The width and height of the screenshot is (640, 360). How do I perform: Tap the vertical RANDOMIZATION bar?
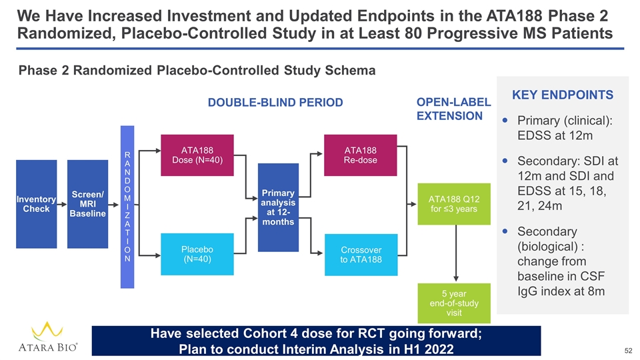pos(127,207)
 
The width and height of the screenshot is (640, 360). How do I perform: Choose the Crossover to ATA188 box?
pos(360,254)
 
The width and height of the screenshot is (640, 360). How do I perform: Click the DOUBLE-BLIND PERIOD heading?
pos(275,102)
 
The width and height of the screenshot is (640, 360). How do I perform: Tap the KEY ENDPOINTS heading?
pos(563,95)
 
